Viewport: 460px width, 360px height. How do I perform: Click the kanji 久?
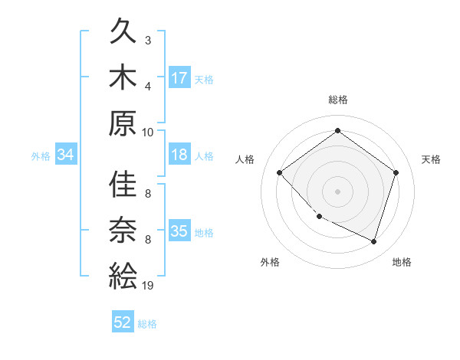pos(123,33)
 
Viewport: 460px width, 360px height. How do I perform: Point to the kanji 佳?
pos(123,186)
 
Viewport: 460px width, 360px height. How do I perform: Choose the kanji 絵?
pos(123,276)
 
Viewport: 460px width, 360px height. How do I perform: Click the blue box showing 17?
pos(179,78)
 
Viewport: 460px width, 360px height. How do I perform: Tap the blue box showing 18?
pos(179,155)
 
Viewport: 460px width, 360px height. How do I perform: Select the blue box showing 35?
pos(179,231)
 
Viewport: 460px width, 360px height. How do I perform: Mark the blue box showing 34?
pos(66,155)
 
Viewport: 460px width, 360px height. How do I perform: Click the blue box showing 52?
pos(123,322)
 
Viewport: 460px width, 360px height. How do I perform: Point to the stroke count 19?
pos(148,286)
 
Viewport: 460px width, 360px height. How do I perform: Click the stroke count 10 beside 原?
pos(148,131)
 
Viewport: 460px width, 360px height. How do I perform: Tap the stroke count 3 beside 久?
pos(148,40)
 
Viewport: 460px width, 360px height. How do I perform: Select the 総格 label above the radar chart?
pos(337,100)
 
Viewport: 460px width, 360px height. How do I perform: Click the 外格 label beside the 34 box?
pos(41,155)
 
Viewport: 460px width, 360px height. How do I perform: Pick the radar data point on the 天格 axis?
pos(396,172)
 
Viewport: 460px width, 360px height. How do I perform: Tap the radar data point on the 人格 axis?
pos(280,172)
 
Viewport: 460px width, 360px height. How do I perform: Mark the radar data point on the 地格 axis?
pos(373,241)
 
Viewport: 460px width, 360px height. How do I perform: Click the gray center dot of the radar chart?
pos(337,191)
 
